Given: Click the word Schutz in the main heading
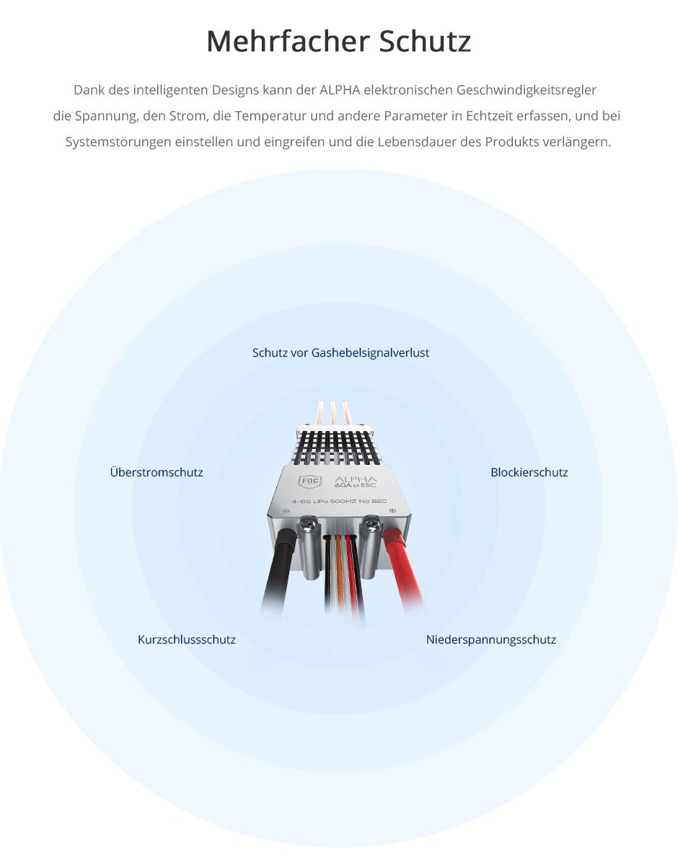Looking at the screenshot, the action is click(426, 40).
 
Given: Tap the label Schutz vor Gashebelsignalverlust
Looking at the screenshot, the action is click(340, 352).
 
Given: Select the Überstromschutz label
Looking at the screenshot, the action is click(157, 472).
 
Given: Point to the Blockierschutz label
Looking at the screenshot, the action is click(529, 472).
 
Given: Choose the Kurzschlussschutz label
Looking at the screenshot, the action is click(187, 639).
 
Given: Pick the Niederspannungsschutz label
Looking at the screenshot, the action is click(490, 639).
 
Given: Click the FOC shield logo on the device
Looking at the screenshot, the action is click(310, 481).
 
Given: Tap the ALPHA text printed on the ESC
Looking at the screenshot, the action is click(356, 479).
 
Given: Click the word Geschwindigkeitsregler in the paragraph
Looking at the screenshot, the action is click(527, 90).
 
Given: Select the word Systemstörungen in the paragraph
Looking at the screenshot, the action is click(118, 142).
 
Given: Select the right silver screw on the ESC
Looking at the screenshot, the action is click(371, 523).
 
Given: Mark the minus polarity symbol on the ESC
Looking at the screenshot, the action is click(286, 511).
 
